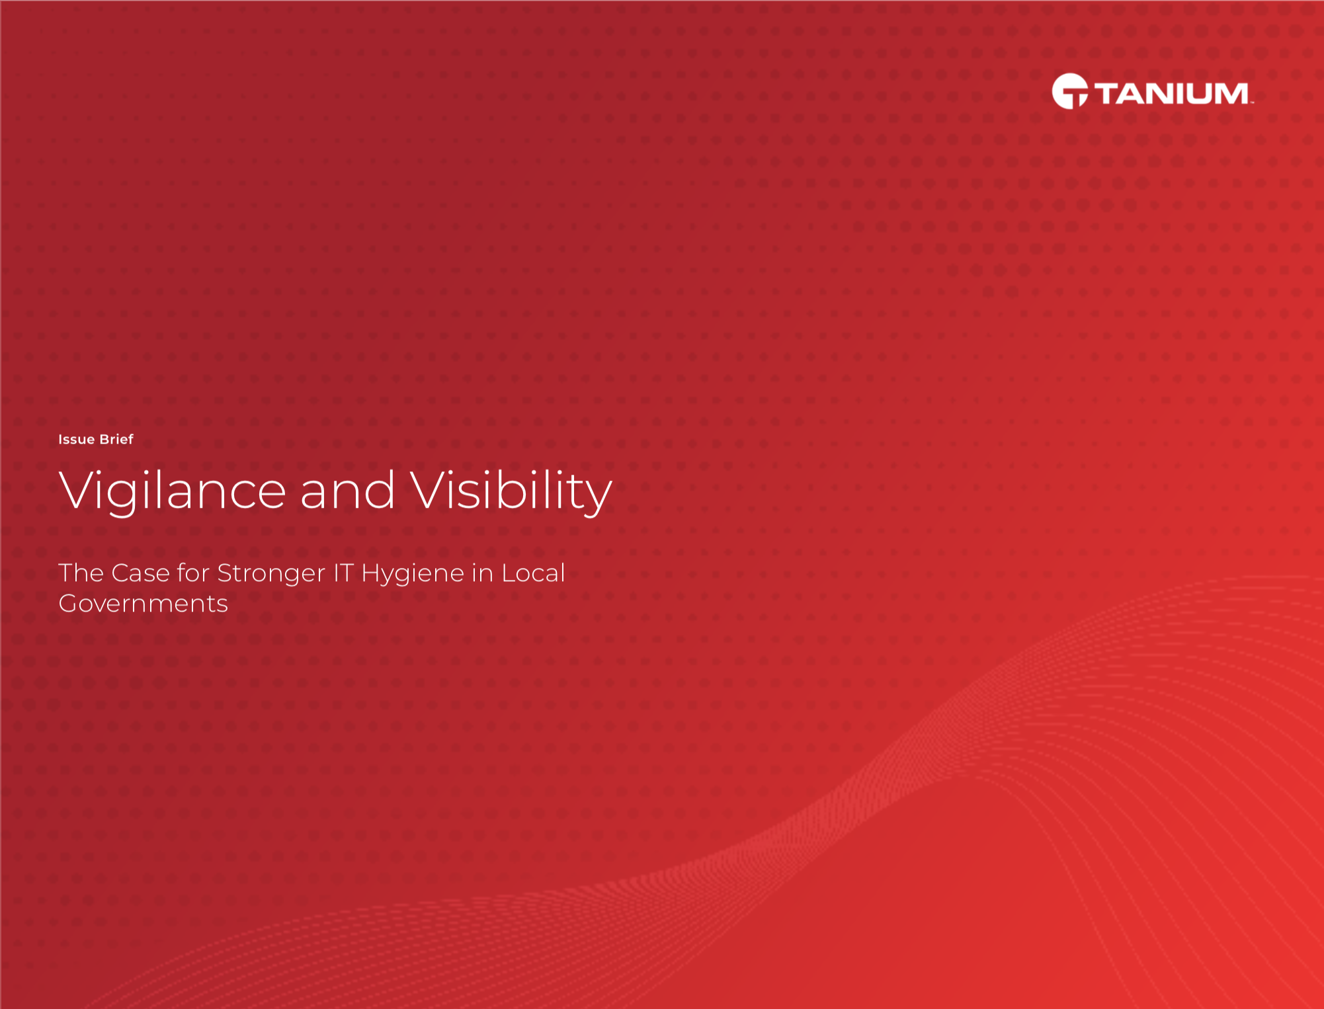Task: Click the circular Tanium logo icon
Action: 1070,91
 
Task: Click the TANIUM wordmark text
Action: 1171,93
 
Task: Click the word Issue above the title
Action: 76,439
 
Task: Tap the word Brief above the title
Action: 116,439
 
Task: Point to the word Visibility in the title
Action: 511,491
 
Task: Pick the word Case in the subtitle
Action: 141,573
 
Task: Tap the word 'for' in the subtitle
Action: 193,573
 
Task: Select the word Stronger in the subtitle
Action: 271,575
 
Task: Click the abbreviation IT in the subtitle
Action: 343,573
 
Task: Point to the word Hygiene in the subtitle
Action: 413,575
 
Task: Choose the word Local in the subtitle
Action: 533,573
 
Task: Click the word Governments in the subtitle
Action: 143,604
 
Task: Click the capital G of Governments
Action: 69,604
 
